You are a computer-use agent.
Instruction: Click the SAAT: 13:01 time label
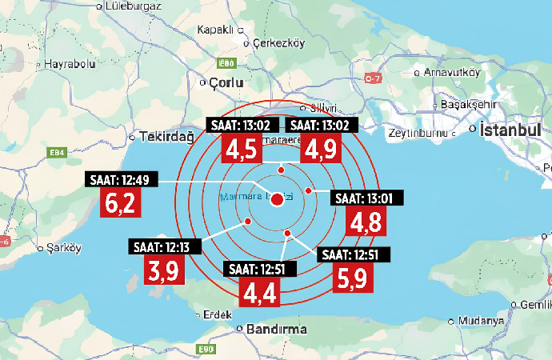[x=368, y=198]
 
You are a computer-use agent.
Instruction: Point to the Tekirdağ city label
[x=166, y=136]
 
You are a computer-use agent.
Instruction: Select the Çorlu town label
[x=225, y=82]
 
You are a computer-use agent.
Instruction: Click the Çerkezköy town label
[x=274, y=45]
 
